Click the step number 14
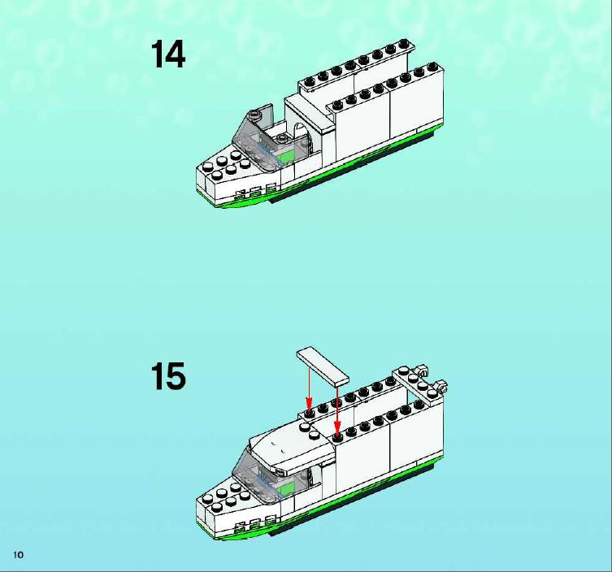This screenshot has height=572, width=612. (167, 54)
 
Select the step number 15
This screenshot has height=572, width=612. (168, 375)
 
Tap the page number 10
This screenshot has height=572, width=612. (19, 555)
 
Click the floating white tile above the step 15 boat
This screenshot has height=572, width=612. (323, 366)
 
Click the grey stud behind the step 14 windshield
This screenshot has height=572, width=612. (282, 137)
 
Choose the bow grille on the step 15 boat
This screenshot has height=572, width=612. (254, 525)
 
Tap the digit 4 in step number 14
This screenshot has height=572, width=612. (175, 54)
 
